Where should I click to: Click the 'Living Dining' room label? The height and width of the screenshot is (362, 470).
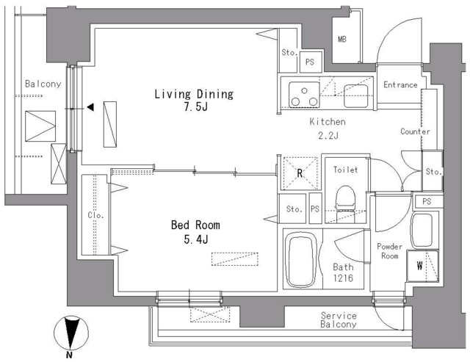(194, 94)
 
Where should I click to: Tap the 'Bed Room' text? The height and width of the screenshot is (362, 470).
(195, 225)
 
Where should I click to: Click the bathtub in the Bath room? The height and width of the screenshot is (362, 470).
(301, 260)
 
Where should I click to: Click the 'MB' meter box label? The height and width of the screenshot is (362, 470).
(342, 39)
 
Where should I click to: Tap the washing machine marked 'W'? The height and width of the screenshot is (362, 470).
(423, 266)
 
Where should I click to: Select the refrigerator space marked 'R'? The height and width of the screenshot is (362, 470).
(300, 173)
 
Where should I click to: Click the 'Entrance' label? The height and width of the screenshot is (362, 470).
(400, 84)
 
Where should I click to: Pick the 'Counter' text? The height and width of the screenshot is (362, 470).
(415, 131)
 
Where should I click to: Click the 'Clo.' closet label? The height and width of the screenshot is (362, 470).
(95, 215)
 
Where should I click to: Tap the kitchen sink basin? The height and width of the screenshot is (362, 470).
(355, 96)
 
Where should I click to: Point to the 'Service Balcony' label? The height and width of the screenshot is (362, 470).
(339, 319)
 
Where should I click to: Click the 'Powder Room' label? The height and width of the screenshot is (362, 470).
(389, 251)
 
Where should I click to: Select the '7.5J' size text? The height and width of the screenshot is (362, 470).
(196, 106)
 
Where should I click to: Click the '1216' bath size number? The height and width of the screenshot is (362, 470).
(343, 278)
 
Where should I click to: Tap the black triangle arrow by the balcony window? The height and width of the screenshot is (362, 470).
(90, 107)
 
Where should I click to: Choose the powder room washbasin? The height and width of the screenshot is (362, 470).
(422, 230)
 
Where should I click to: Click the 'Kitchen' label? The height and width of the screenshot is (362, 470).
(328, 122)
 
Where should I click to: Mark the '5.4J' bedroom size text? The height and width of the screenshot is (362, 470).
(196, 239)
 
